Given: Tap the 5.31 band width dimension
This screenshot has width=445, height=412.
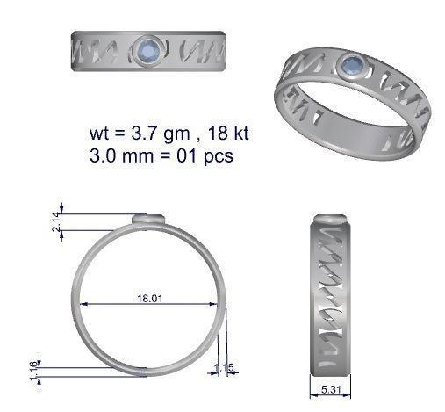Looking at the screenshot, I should coord(331,388).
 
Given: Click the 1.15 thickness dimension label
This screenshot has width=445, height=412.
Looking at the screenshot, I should coord(224,368).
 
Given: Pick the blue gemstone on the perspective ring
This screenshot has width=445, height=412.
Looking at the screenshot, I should coord(354,64).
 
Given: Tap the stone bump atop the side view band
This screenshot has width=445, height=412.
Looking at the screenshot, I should coord(332,216).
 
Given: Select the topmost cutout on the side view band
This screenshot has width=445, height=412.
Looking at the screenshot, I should coord(330,235).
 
